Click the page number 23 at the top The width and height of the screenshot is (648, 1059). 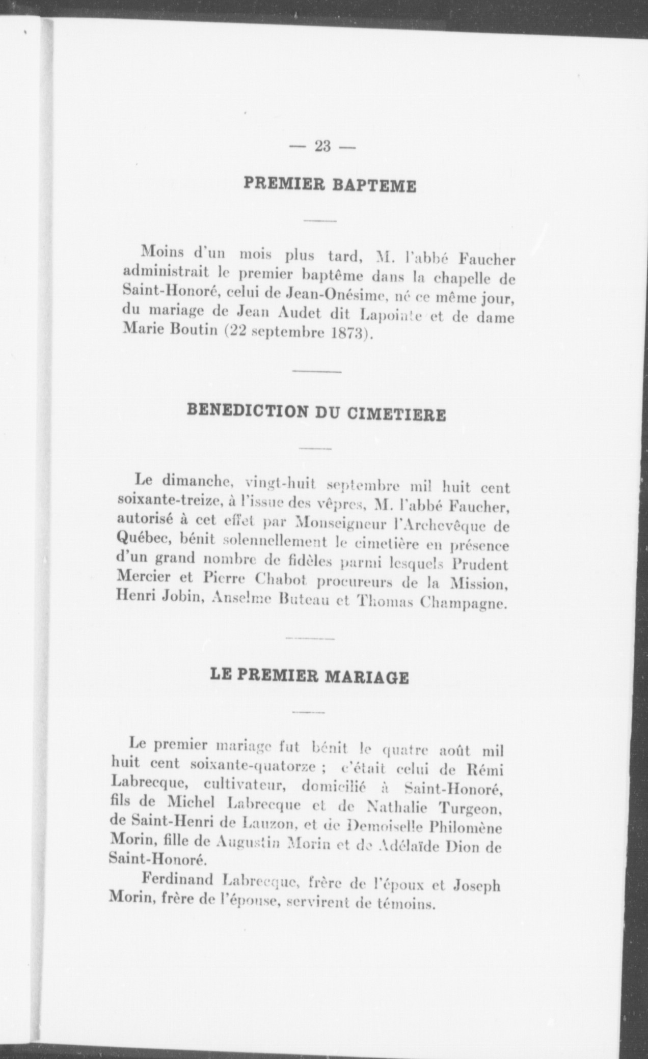[x=323, y=147]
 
